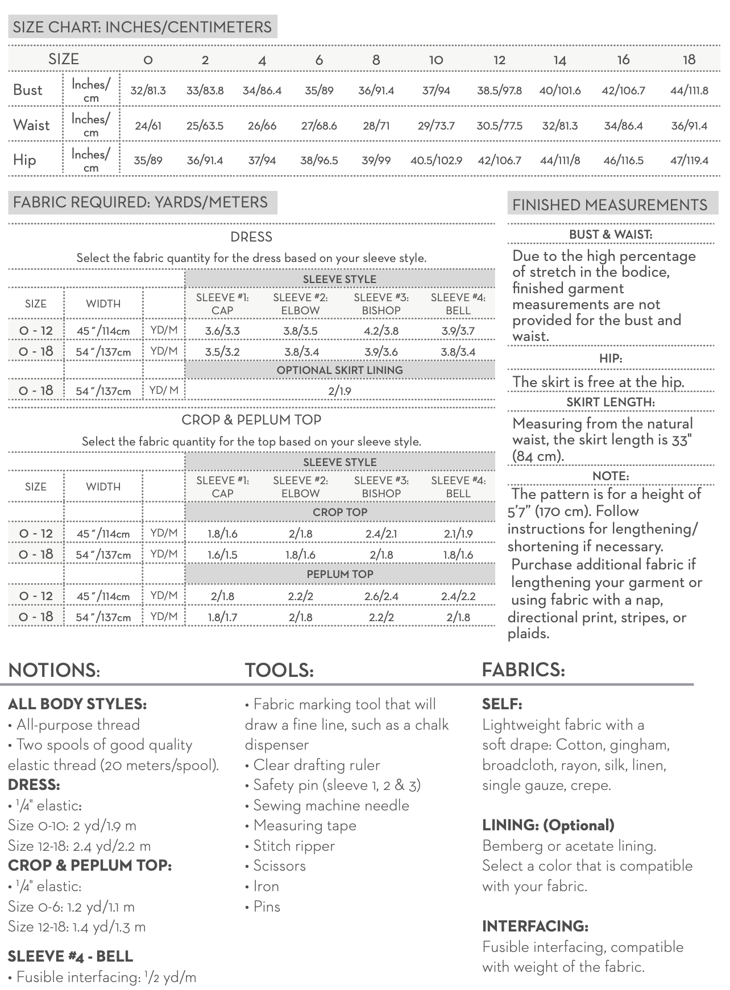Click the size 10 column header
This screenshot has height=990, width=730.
435,60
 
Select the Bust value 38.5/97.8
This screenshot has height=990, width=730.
499,90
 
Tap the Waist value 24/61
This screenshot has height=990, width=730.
148,126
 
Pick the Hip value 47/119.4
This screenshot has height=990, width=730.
689,160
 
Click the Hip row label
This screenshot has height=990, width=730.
24,160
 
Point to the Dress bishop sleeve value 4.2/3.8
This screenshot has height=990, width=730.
381,331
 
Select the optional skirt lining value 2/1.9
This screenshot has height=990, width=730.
339,391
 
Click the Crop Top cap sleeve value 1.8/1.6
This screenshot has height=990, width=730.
222,534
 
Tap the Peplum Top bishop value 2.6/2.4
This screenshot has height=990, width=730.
381,596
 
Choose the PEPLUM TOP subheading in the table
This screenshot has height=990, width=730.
339,574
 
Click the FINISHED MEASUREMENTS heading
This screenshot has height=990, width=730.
609,205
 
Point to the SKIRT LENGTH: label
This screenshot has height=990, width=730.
610,402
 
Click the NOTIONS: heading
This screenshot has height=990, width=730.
54,670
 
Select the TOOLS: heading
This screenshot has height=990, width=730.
279,670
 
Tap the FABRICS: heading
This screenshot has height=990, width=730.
523,669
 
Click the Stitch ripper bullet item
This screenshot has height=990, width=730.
293,846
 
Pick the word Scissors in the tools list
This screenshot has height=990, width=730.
279,866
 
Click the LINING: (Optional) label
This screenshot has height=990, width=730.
548,825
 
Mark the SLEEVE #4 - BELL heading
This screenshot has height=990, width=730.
70,956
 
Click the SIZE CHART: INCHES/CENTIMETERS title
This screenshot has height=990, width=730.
142,27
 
